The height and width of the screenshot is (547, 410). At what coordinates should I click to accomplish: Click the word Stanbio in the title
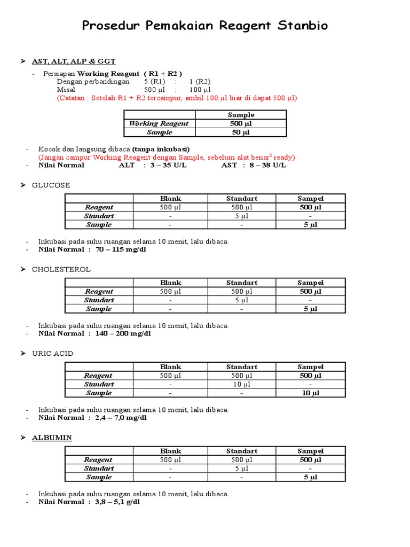click(302, 26)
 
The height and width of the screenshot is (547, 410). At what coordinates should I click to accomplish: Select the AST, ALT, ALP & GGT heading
click(74, 61)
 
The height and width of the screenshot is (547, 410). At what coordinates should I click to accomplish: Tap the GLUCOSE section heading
click(51, 185)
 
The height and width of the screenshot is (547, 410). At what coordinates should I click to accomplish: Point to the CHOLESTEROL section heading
click(61, 269)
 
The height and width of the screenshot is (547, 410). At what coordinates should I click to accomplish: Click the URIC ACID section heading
click(53, 353)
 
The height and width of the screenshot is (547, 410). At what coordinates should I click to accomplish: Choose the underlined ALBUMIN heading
click(52, 437)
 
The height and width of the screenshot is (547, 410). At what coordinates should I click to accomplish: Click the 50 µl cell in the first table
click(241, 132)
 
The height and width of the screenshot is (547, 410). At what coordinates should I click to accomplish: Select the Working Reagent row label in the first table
click(159, 123)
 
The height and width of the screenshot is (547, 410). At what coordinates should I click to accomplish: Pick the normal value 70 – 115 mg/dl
click(120, 249)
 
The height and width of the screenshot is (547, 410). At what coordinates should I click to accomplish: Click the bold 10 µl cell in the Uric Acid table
click(310, 393)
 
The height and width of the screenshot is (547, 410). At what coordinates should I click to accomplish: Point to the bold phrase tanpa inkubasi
click(161, 149)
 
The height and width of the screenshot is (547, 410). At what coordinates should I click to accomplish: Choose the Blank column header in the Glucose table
click(170, 199)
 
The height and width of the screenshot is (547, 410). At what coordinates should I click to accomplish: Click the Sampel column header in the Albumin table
click(310, 451)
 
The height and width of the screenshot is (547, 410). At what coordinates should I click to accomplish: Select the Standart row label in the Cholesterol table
click(99, 300)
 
